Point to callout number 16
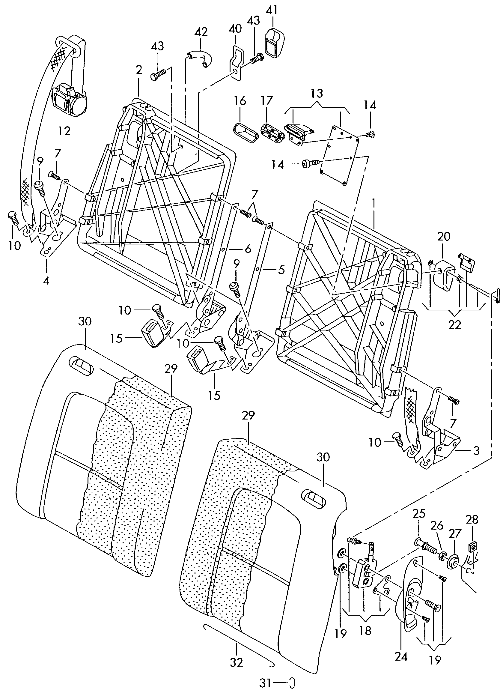(240, 100)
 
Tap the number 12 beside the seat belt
(64, 131)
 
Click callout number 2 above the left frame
(139, 70)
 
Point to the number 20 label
(444, 237)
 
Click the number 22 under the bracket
(454, 325)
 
